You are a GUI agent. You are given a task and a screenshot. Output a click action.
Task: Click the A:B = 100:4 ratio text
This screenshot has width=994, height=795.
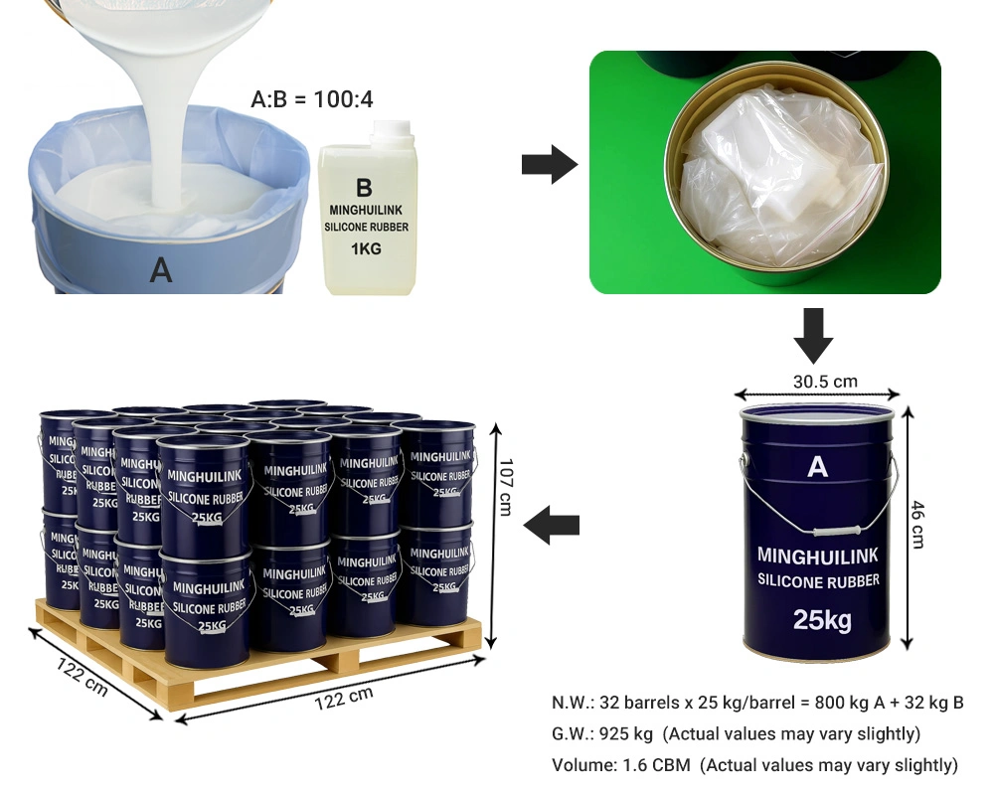click(x=312, y=99)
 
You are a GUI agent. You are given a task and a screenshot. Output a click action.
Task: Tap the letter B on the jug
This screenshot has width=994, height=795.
click(x=364, y=188)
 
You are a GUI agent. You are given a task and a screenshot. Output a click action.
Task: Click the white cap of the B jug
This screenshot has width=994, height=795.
click(x=393, y=129)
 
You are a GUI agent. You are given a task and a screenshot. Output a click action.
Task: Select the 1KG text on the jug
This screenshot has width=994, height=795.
click(x=367, y=248)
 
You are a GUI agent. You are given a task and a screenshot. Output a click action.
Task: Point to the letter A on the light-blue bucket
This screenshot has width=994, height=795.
click(x=161, y=270)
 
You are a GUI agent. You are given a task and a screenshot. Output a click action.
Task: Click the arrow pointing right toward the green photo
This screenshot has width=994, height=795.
click(x=550, y=165)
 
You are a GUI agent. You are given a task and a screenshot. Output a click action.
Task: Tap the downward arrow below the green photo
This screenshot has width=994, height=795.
click(x=813, y=336)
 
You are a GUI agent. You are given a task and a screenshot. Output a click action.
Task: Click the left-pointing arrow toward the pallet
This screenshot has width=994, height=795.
click(x=552, y=525)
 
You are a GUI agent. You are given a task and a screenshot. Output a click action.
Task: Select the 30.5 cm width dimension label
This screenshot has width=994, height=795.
click(x=825, y=382)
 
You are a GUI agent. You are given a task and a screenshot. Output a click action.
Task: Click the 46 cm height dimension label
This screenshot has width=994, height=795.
click(x=917, y=525)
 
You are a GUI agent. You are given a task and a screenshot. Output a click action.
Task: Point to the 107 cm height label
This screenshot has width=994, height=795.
click(x=505, y=488)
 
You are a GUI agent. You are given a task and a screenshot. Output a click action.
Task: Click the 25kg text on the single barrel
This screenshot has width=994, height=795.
click(x=822, y=619)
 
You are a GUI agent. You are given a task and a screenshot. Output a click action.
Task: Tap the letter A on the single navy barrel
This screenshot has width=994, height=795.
click(x=818, y=467)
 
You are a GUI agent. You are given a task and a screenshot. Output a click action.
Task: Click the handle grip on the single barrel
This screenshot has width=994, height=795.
click(x=836, y=532)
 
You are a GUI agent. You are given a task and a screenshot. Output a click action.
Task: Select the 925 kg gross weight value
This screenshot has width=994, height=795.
click(x=625, y=734)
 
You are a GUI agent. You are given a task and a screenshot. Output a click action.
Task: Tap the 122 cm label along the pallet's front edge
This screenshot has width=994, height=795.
click(x=344, y=698)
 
